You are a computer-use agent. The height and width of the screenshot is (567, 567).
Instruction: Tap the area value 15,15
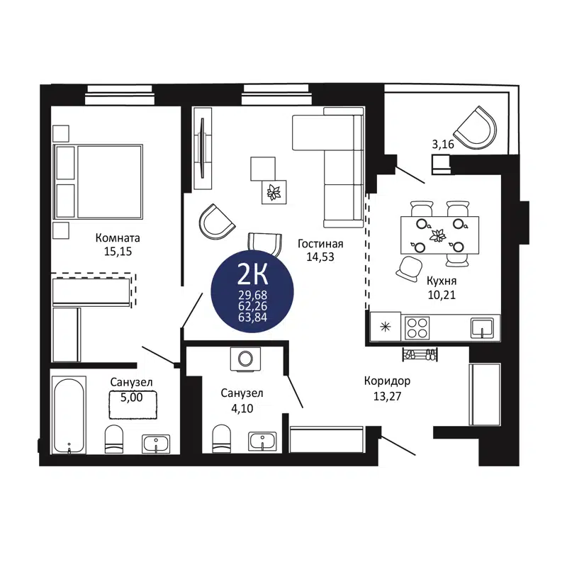[118, 251]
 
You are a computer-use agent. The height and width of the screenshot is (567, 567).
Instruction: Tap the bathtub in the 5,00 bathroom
[69, 415]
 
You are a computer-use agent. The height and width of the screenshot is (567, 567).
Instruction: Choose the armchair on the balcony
[476, 128]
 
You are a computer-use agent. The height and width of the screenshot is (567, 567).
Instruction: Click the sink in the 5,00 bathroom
[155, 444]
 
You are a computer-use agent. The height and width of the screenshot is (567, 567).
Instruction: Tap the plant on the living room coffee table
[273, 191]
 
